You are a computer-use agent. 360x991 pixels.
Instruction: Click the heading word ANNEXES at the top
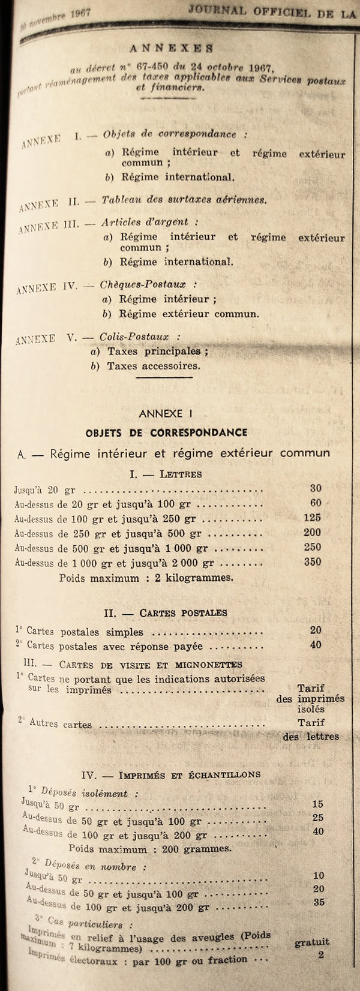[x=171, y=49]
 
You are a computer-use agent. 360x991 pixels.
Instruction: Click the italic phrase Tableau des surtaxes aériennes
[x=184, y=200]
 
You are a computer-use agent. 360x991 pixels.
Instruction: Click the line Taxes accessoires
[x=154, y=365]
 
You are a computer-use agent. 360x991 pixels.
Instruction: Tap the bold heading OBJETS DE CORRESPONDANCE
[x=166, y=433]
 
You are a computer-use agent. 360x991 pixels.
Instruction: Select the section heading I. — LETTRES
[x=166, y=474]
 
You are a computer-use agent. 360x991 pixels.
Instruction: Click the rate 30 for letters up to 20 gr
[x=316, y=488]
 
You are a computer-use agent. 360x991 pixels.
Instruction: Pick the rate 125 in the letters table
[x=313, y=518]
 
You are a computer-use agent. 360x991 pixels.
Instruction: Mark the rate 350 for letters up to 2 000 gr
[x=313, y=562]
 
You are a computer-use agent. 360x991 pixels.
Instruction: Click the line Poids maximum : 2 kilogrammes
[x=146, y=578]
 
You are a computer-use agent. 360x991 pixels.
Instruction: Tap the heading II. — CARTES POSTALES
[x=166, y=613]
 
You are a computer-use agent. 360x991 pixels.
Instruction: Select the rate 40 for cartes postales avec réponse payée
[x=316, y=645]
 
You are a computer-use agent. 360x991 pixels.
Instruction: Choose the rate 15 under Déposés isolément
[x=318, y=804]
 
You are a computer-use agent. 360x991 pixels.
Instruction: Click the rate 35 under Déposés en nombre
[x=319, y=902]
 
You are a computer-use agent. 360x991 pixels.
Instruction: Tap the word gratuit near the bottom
[x=312, y=942]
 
